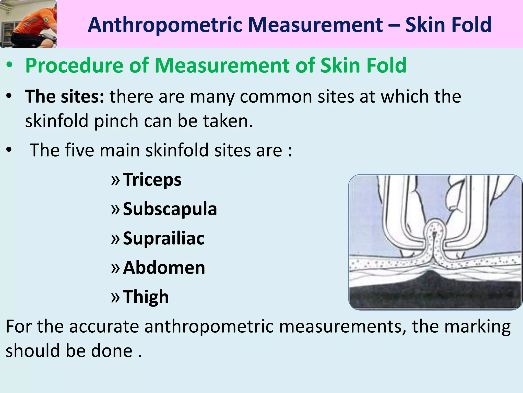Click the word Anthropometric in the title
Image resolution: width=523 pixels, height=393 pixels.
tap(165, 25)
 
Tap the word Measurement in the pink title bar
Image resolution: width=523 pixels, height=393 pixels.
tap(315, 25)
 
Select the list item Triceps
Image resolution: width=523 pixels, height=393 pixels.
tap(152, 180)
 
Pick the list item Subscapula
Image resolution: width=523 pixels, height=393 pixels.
tap(170, 209)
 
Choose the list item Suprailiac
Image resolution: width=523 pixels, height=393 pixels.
tap(164, 238)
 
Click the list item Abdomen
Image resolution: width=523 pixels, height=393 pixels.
tap(164, 268)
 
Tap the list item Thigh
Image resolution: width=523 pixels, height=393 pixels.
tap(146, 297)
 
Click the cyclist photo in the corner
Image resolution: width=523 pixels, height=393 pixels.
tap(28, 24)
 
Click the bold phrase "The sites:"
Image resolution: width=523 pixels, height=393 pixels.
tap(65, 96)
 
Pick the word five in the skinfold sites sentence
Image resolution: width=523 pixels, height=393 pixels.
tap(79, 150)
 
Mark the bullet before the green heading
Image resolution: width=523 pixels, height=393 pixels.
tap(9, 65)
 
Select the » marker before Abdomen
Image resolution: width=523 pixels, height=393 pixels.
tap(115, 268)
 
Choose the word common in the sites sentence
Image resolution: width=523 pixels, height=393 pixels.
tap(276, 96)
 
